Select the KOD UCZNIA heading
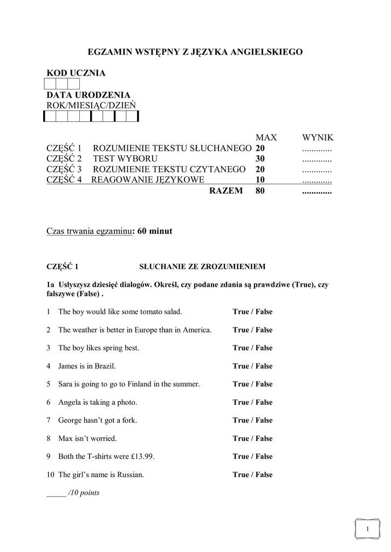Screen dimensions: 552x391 tap(76, 73)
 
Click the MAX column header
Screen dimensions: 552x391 tap(265, 137)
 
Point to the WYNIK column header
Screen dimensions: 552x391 tap(318, 137)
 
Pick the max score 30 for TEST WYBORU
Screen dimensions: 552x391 tap(260, 159)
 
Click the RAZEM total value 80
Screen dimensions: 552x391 tap(260, 191)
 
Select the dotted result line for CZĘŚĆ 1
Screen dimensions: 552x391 tap(317, 149)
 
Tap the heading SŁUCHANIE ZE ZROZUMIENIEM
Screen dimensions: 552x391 tap(202, 266)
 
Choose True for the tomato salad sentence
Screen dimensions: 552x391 tap(241, 312)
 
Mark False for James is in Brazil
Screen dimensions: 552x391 tap(264, 366)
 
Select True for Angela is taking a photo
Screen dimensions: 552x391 tap(241, 402)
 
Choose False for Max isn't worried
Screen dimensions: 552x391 tap(264, 438)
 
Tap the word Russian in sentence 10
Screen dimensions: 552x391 tap(132, 475)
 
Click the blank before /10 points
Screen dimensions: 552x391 tap(56, 493)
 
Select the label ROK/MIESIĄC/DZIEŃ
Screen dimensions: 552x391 tap(91, 105)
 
